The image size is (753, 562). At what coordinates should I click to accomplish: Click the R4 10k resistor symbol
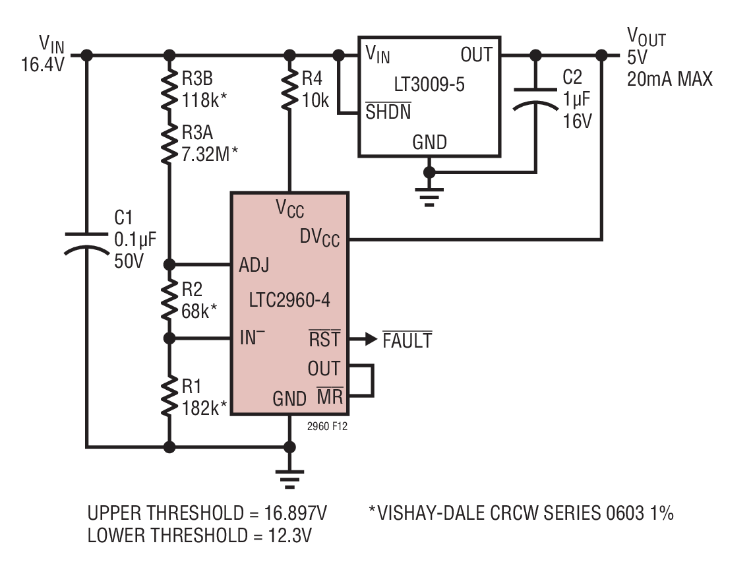pos(289,90)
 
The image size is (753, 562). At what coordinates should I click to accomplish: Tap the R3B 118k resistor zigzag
pos(169,90)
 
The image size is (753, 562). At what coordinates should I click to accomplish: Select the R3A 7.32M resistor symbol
pos(169,144)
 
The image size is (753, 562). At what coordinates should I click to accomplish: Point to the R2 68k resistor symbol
pos(169,301)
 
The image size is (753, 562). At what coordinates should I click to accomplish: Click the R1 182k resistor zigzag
pos(169,396)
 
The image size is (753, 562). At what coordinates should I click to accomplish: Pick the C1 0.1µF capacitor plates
pos(86,243)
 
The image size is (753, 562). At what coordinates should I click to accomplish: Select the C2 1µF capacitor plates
pos(535,99)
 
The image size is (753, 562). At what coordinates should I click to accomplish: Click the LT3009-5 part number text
pos(429,84)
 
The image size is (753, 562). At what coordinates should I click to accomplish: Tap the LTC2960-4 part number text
pos(289,300)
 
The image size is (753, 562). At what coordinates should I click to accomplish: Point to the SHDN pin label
pos(388,111)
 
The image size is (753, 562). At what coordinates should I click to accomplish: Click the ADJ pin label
pos(254,265)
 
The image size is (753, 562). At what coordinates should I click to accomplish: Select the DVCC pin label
pos(320,237)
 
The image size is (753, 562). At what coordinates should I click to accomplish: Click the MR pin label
pos(330,396)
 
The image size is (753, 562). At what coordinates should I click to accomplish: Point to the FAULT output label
pos(407,340)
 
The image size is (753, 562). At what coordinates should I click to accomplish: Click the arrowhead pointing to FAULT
pos(371,339)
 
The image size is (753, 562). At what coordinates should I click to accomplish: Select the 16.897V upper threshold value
pos(295,513)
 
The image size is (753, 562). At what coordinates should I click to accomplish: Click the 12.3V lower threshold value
pos(289,535)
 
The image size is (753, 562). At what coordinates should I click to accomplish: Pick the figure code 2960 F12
pos(327,426)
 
